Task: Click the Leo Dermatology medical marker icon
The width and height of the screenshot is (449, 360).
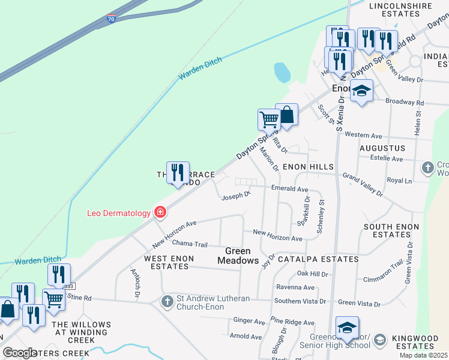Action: pos(160,212)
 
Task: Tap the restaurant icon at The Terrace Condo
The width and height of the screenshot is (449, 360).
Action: pos(178,173)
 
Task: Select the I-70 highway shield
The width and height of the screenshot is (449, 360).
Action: pos(112,19)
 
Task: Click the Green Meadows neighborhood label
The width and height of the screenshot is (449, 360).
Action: pos(242,256)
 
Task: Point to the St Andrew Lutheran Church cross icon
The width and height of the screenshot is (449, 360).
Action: pos(167,301)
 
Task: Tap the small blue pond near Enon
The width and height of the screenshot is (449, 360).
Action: pos(282,73)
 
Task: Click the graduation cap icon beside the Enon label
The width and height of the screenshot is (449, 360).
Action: pos(361,91)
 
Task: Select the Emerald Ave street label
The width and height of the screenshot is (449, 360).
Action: pos(289,188)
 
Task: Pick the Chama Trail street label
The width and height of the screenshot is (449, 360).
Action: pos(189,244)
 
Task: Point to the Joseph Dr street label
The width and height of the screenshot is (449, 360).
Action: pos(235,196)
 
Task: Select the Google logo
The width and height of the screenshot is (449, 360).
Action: pos(20,353)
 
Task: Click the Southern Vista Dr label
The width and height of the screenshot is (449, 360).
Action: pos(300,301)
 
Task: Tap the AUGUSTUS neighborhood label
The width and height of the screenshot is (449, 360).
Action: pos(382,148)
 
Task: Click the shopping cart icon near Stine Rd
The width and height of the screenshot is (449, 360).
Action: pos(54,299)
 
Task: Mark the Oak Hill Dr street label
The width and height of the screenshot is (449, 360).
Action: pos(313,274)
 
